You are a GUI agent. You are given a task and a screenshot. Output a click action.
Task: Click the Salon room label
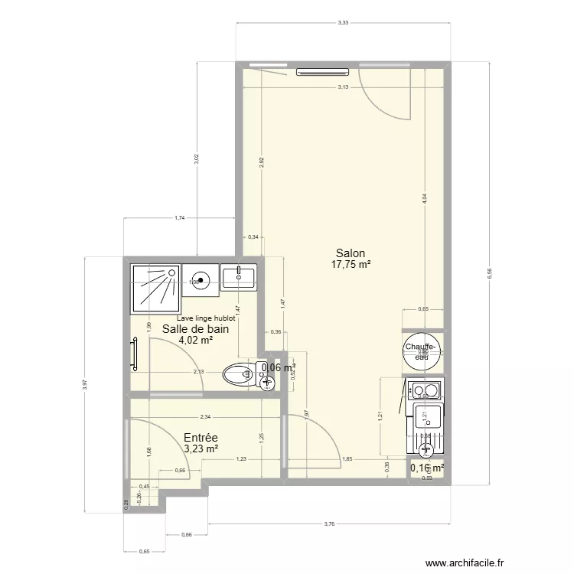[350, 253]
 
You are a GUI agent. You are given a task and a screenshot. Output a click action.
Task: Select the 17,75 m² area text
[351, 265]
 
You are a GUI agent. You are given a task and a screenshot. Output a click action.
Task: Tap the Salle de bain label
[194, 329]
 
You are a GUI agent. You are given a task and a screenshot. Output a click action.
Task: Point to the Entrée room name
[201, 437]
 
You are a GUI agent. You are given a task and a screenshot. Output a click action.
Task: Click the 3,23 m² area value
[201, 449]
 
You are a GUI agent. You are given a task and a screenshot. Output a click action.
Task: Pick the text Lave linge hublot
[205, 318]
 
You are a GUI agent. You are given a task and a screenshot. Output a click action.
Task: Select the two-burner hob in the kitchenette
[425, 391]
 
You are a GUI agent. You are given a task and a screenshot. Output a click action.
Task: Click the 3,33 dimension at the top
[344, 23]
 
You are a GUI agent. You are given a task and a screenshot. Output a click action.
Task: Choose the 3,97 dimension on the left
[85, 384]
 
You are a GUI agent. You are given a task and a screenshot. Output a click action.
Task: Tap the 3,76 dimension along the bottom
[330, 524]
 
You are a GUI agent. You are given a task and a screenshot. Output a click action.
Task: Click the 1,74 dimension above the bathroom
[179, 218]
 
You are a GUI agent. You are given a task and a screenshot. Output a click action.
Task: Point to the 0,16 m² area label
[427, 468]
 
